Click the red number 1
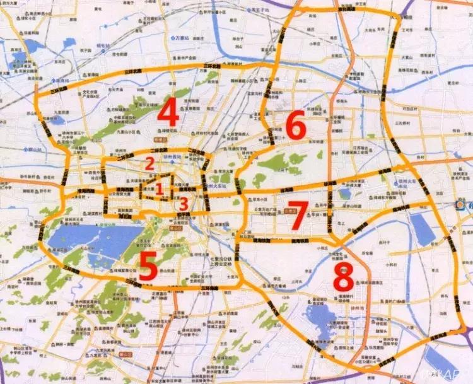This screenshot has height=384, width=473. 160,188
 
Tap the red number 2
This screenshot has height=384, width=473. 149,163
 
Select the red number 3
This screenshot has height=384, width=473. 183,204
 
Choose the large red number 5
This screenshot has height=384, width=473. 148,266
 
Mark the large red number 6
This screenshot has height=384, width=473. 296,127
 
